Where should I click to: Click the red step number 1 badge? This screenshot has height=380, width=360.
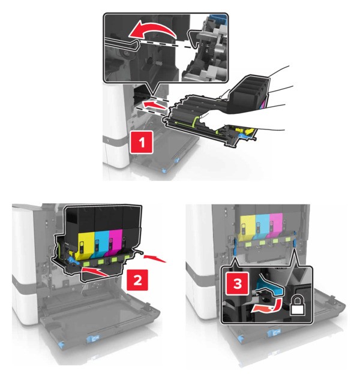point(142,142)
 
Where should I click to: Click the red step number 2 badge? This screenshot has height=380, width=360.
point(137,280)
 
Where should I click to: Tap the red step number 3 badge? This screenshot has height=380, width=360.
point(238,284)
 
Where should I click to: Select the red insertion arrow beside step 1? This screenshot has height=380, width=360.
point(154,105)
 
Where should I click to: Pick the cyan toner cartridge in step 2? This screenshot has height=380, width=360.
point(101,244)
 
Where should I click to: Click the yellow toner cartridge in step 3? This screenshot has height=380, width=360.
point(248,227)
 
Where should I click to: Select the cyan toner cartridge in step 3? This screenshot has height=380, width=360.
point(262,226)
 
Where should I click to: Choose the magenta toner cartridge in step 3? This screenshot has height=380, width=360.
point(276,225)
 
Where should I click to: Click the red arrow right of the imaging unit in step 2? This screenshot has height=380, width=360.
point(155,258)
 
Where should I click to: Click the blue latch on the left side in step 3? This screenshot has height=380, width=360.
point(235,246)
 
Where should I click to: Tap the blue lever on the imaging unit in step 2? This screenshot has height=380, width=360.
point(73,261)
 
